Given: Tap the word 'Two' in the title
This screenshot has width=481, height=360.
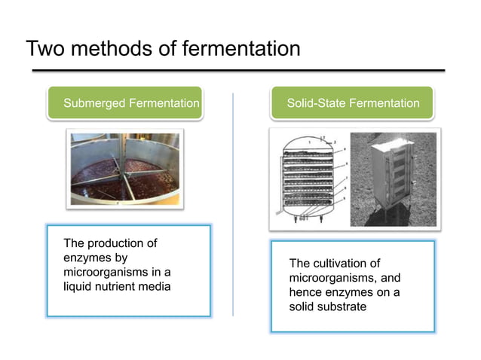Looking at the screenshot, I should pos(44,49).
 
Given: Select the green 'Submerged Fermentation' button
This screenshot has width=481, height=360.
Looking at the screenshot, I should pos(127,103).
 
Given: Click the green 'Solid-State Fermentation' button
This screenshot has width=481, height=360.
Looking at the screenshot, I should pos(353,103).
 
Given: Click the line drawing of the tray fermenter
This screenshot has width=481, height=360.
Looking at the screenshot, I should pos(309,178).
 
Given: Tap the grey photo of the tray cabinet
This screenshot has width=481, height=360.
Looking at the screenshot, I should pos(394,178).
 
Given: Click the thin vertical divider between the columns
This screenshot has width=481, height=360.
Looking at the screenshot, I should pos(233,203).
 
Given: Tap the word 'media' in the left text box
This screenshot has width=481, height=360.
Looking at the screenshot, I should pos(155,287).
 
